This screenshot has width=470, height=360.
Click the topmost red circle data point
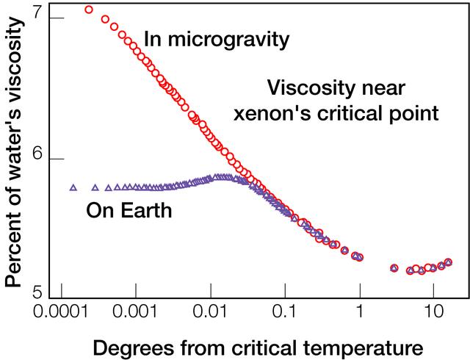tap(89, 10)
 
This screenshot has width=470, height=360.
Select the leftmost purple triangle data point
tap(73, 188)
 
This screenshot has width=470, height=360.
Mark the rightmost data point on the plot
tap(448, 262)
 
